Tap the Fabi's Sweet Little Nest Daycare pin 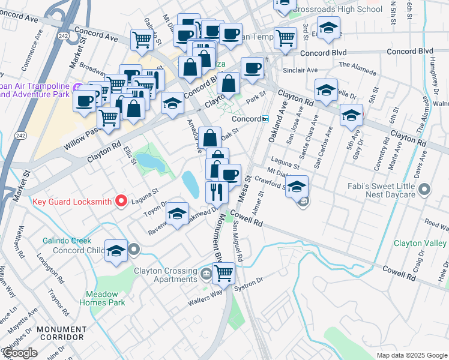[425, 191]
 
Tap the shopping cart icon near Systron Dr [223, 273]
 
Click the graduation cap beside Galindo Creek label [116, 251]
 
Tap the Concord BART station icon [265, 119]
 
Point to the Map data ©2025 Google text [412, 355]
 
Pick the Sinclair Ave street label [304, 70]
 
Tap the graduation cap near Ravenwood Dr [177, 214]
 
